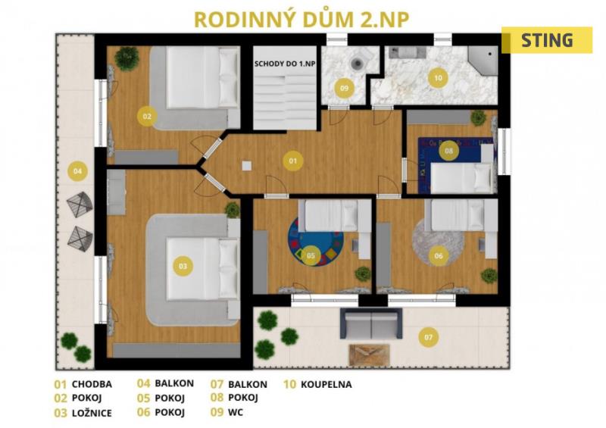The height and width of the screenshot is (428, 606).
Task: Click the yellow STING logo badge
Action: [547, 40]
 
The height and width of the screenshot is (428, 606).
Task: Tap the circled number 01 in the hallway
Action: [293, 161]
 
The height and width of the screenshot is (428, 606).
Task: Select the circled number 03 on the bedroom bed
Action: [183, 266]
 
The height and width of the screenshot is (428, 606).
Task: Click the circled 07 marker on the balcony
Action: [429, 337]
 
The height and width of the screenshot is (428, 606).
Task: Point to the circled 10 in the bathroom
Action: [438, 78]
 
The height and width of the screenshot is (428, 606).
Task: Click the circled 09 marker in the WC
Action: [344, 88]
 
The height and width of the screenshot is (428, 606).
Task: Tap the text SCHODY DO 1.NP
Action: [285, 64]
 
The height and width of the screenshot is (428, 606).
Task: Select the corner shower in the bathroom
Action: [483, 61]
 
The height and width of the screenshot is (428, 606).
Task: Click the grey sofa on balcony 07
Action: [371, 323]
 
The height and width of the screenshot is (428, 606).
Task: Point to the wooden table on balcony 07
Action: [370, 355]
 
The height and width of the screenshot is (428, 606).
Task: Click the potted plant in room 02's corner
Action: [127, 58]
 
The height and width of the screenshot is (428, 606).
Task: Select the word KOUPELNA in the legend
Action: [326, 385]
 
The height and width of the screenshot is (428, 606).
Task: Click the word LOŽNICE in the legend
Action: [92, 413]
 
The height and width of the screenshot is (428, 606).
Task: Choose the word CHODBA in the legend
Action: [92, 384]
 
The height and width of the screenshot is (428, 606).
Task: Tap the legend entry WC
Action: [236, 412]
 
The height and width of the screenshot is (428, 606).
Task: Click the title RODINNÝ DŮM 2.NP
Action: [301, 20]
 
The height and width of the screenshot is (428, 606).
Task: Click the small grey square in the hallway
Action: [247, 165]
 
